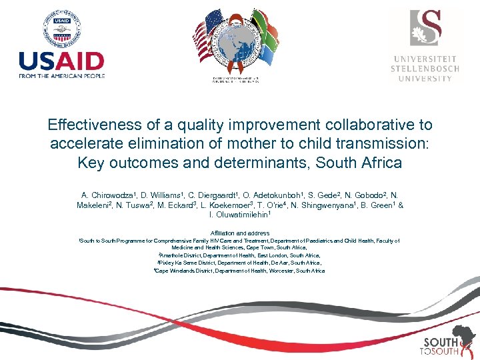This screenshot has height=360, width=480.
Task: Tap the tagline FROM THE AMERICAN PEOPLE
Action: pyautogui.click(x=61, y=75)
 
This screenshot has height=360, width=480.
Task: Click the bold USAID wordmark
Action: pyautogui.click(x=61, y=61)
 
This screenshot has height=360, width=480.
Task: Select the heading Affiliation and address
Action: pyautogui.click(x=239, y=233)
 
